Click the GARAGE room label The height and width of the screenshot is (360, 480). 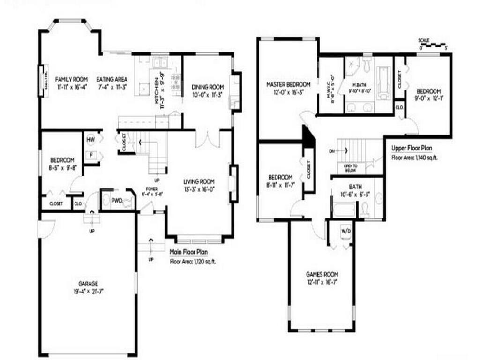click(88, 284)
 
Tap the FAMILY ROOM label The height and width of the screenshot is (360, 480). click(72, 79)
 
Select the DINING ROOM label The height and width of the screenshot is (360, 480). click(208, 87)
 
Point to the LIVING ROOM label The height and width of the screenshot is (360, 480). click(199, 181)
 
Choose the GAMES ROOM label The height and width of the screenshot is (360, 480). click(322, 274)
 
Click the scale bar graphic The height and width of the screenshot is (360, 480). click(434, 45)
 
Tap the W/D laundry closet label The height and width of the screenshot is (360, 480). click(345, 231)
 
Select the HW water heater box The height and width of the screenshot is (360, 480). click(91, 139)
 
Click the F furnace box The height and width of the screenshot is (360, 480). click(91, 155)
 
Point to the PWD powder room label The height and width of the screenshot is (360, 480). click(117, 201)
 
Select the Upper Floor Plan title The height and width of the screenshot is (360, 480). click(412, 148)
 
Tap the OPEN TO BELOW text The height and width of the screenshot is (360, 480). click(351, 167)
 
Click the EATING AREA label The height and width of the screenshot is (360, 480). click(112, 79)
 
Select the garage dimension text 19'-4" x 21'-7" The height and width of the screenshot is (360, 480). click(88, 291)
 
